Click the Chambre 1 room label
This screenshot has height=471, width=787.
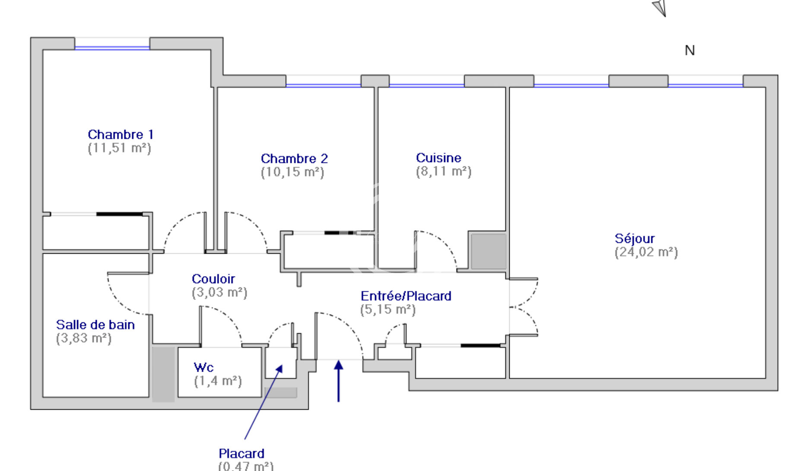click(x=121, y=134)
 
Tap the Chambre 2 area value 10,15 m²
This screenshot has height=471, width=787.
click(x=292, y=172)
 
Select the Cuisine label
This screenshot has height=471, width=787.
click(x=438, y=158)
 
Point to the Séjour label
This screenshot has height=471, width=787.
click(x=635, y=238)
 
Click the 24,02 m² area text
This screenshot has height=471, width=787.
click(x=646, y=252)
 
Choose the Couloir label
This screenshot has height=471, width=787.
click(x=213, y=279)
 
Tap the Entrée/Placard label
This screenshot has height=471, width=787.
click(x=406, y=296)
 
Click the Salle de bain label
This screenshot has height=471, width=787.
click(x=95, y=325)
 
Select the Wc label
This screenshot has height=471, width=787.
click(x=203, y=367)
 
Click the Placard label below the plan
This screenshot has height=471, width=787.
click(x=241, y=453)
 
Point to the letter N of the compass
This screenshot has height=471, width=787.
click(x=690, y=51)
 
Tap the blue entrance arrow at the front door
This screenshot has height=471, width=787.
click(x=339, y=380)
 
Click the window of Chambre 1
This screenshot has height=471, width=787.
click(x=112, y=47)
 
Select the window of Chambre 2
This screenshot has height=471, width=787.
click(x=323, y=84)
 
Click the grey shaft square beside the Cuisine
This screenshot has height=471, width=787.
click(x=488, y=251)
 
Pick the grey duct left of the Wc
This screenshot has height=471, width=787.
click(x=163, y=374)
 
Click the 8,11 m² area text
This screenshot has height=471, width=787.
click(x=444, y=172)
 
